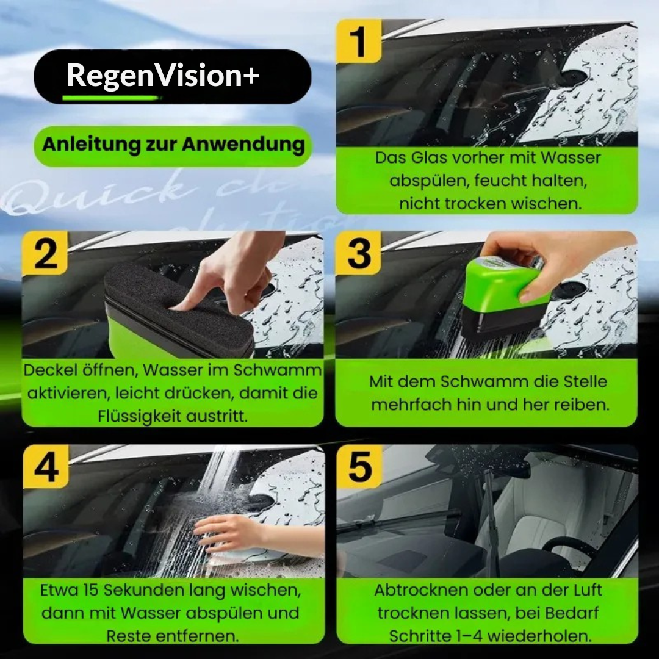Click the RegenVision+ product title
(x=163, y=76)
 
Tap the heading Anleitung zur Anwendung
(x=173, y=145)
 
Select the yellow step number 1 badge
(x=359, y=41)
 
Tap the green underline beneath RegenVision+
(x=110, y=97)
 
